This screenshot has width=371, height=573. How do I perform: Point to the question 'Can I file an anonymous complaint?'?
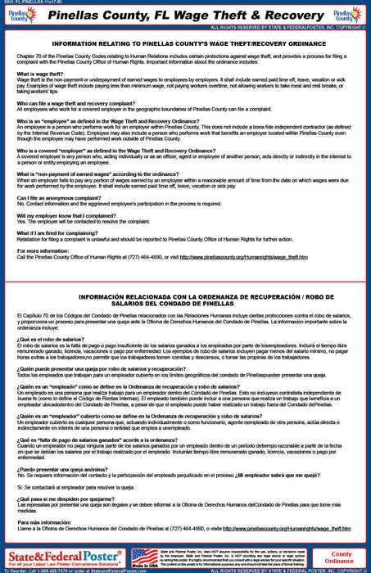[x=61, y=199]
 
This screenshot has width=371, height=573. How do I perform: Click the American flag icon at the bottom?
[x=145, y=557]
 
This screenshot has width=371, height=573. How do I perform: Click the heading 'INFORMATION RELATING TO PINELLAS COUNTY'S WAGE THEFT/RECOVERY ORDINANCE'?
[x=185, y=43]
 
